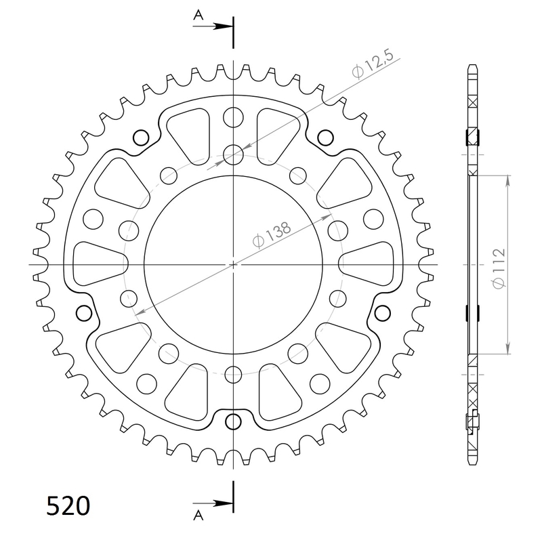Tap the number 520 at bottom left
[68, 505]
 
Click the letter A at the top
[198, 14]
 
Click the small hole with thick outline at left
[85, 313]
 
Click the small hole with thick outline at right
[383, 313]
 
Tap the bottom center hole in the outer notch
[233, 419]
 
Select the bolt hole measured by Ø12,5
[233, 154]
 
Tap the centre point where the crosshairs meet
[233, 264]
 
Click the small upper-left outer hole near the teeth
[141, 138]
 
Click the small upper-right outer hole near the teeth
[325, 138]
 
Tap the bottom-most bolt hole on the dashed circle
[233, 373]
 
